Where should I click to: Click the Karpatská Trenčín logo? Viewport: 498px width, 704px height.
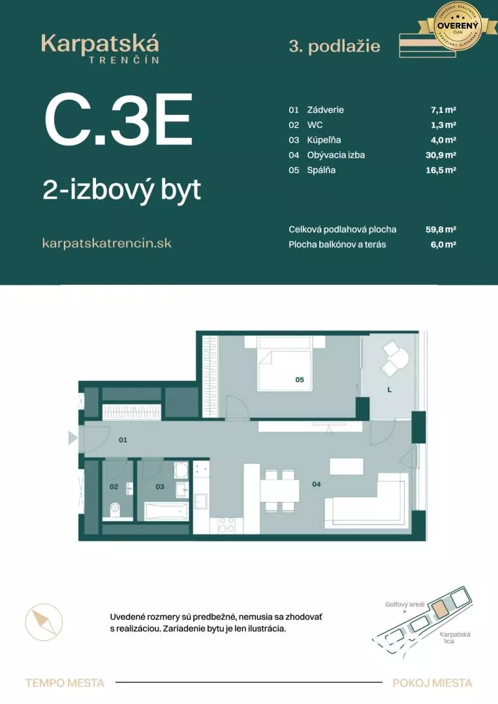100,48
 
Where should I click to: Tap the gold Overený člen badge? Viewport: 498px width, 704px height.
458,26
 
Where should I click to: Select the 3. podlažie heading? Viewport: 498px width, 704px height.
334,46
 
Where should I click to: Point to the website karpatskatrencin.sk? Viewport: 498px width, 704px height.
106,242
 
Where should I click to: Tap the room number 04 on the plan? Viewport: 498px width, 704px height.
317,484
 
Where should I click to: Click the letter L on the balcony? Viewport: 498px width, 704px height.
389,390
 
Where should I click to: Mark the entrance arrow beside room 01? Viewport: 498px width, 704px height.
72,438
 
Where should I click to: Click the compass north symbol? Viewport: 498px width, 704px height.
44,621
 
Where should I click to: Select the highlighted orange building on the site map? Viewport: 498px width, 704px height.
442,610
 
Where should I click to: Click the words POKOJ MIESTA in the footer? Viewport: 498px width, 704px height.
432,683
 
